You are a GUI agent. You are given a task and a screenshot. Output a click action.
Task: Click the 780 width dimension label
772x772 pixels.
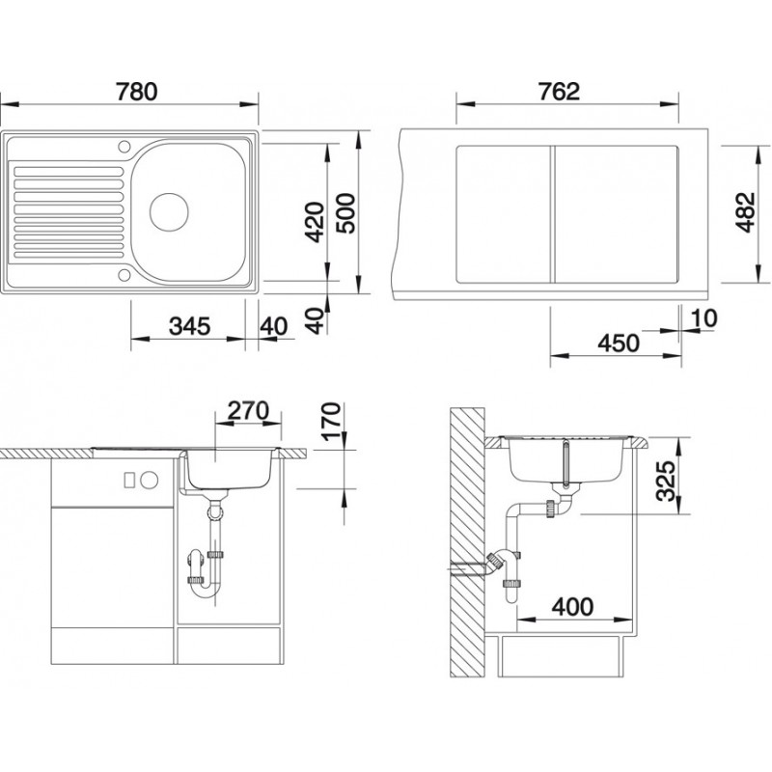[x=134, y=94]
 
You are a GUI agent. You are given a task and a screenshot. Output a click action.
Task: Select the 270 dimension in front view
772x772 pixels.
[x=247, y=409]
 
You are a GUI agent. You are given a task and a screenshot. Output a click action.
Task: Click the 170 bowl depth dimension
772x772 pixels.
[x=330, y=422]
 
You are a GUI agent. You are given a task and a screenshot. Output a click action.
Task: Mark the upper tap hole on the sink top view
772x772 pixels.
[x=124, y=147]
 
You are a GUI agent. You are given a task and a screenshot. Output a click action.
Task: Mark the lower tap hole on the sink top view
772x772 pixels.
[x=124, y=275]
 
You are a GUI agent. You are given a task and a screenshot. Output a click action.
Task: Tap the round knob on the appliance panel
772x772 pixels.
[x=152, y=480]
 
